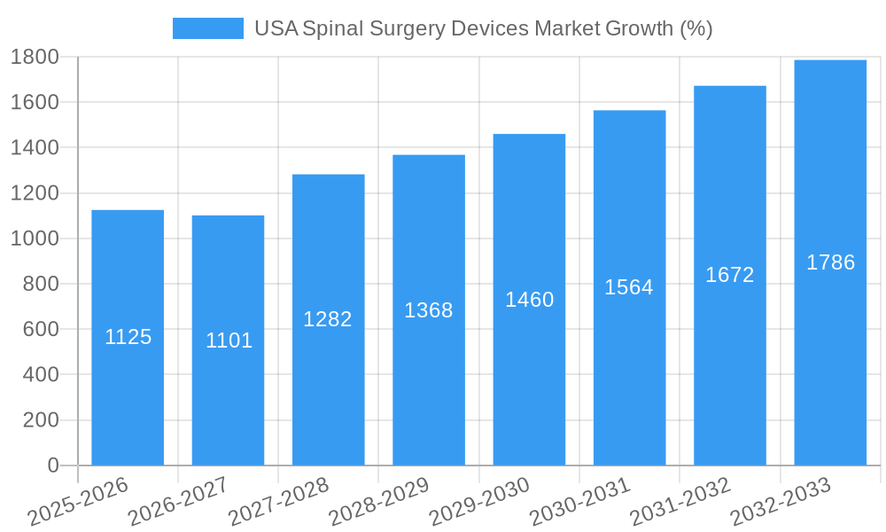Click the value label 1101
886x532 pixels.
229,340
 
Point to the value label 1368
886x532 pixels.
429,310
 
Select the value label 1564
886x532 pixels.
629,287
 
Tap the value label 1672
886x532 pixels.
730,275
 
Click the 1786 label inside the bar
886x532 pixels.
830,262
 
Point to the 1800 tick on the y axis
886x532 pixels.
35,57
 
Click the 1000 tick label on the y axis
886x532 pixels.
35,239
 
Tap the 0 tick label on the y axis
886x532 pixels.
53,465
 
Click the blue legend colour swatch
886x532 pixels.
207,28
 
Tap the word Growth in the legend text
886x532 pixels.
639,28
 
